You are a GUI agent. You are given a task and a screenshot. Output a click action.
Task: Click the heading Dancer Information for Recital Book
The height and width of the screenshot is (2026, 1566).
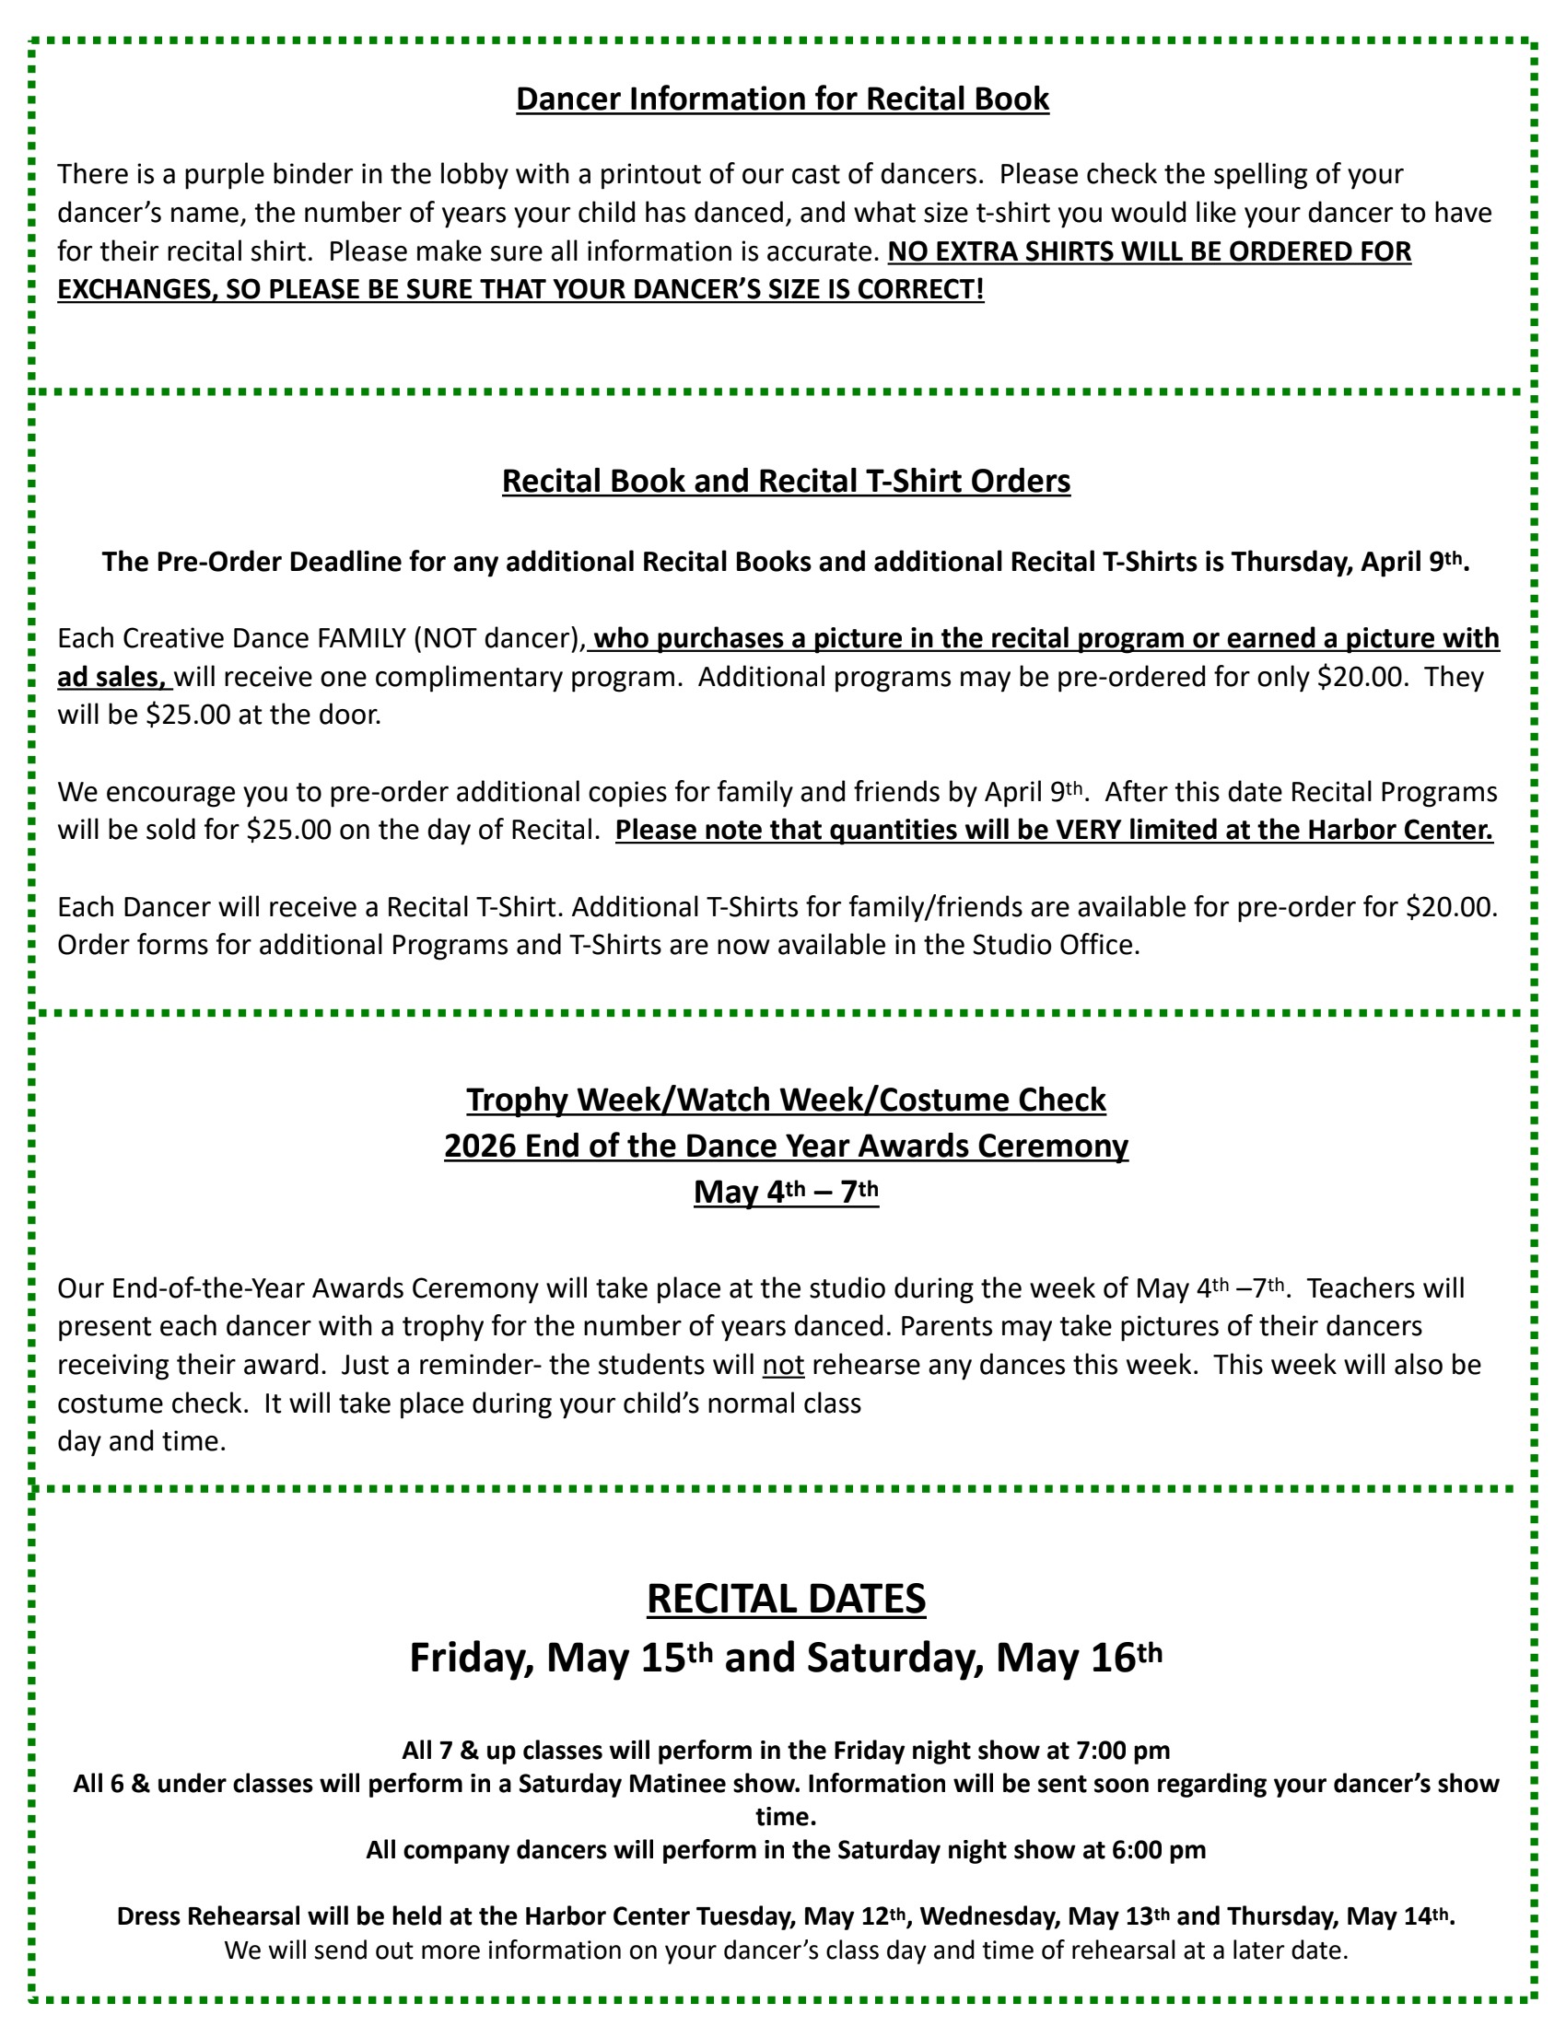[x=782, y=99]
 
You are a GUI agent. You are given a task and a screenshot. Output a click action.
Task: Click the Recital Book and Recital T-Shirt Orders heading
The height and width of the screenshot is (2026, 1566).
[x=786, y=482]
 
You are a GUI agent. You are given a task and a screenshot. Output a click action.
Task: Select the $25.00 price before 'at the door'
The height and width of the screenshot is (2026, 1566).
[x=188, y=716]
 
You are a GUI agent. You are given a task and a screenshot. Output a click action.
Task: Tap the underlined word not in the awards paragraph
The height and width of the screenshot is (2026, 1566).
[x=783, y=1366]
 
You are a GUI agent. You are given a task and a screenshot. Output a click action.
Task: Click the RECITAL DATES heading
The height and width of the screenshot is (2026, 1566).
[x=786, y=1600]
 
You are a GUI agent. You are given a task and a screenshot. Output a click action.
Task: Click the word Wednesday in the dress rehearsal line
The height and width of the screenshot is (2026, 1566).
[x=990, y=1917]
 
